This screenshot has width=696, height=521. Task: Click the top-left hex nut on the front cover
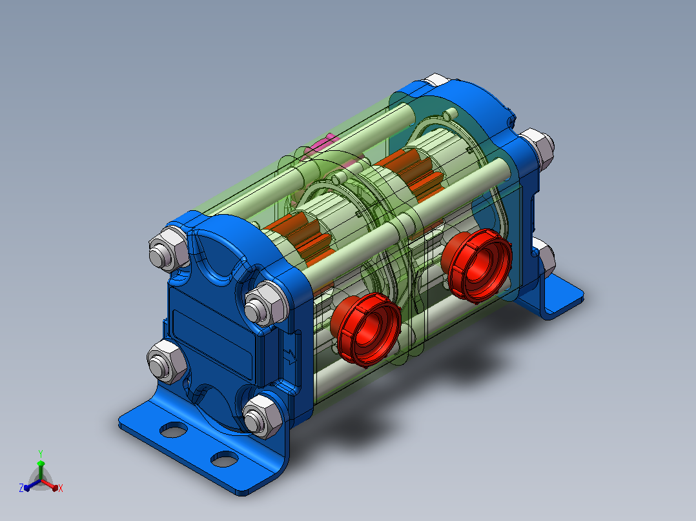click(169, 249)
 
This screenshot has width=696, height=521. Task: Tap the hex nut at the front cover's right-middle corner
click(266, 303)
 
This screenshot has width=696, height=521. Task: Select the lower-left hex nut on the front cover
click(167, 361)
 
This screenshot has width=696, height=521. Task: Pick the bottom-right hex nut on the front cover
click(263, 415)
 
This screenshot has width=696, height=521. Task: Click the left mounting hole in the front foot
click(173, 429)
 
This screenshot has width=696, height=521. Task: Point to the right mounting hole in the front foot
click(225, 459)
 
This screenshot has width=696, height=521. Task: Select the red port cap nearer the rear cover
click(476, 265)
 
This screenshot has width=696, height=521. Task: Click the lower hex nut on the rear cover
click(544, 257)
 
